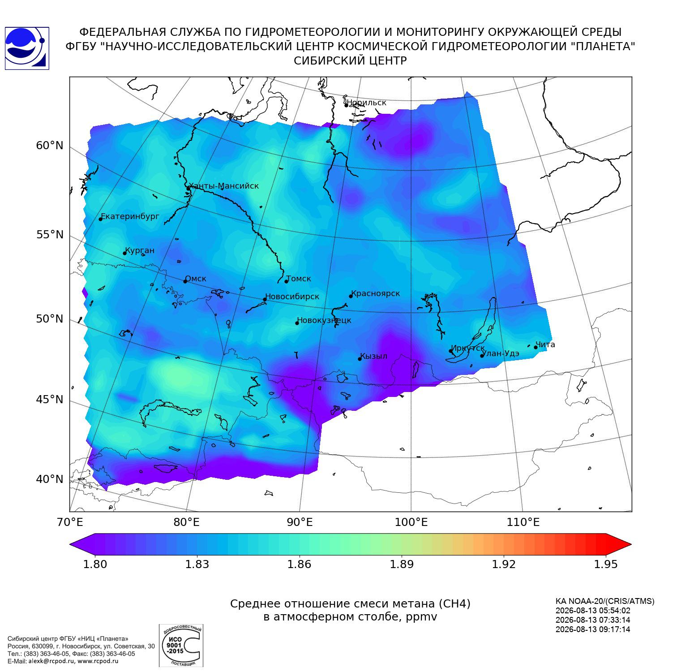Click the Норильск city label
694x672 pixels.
point(366,103)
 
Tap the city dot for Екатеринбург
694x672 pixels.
point(101,219)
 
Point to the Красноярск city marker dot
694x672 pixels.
point(351,296)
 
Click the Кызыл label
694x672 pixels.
point(374,357)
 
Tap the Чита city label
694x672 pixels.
point(545,345)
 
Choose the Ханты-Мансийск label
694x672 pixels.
point(224,186)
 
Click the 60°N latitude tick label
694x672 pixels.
point(50,146)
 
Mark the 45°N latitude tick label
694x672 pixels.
point(50,399)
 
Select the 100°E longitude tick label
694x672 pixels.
point(411,522)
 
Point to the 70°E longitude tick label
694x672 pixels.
point(69,522)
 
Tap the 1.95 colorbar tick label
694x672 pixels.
point(605,564)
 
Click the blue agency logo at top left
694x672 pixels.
point(27,48)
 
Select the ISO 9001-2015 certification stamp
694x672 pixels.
point(181,646)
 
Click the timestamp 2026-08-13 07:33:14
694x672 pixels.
point(593,620)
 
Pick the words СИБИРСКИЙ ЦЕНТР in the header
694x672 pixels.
point(350,61)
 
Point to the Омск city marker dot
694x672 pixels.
point(185,281)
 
